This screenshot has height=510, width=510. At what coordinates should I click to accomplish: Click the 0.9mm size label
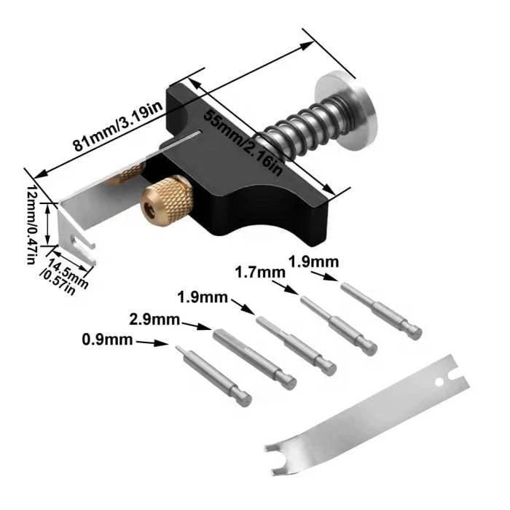click(x=107, y=340)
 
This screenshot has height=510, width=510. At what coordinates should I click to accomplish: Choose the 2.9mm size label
click(x=154, y=319)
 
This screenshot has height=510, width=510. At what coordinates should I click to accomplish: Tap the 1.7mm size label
click(x=260, y=272)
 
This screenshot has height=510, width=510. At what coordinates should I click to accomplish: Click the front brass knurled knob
click(x=167, y=200)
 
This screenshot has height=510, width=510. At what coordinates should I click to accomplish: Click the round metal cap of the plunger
click(x=346, y=111)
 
